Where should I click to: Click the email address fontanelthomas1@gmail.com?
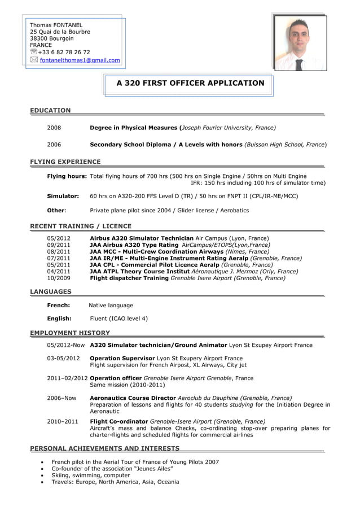tap(80, 60)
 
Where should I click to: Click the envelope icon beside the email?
tap(34, 60)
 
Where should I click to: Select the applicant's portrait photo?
tap(300, 43)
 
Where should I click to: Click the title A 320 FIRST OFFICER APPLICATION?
tap(190, 84)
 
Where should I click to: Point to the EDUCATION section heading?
tap(50, 111)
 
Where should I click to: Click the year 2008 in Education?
tap(54, 128)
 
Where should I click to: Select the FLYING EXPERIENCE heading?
tap(65, 162)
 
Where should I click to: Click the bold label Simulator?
tap(63, 197)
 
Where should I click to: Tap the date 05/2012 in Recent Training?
tap(59, 238)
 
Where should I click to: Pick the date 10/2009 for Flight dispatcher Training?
tap(59, 278)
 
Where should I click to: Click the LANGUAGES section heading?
tap(51, 292)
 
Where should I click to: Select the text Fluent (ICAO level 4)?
tap(118, 319)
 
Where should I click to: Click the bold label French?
tap(59, 306)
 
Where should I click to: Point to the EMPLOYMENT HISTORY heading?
tap(70, 333)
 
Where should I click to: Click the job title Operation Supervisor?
tap(122, 359)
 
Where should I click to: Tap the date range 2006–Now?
tap(62, 398)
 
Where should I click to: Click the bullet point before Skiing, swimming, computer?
tap(42, 476)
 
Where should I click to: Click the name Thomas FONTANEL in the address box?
tap(56, 25)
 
